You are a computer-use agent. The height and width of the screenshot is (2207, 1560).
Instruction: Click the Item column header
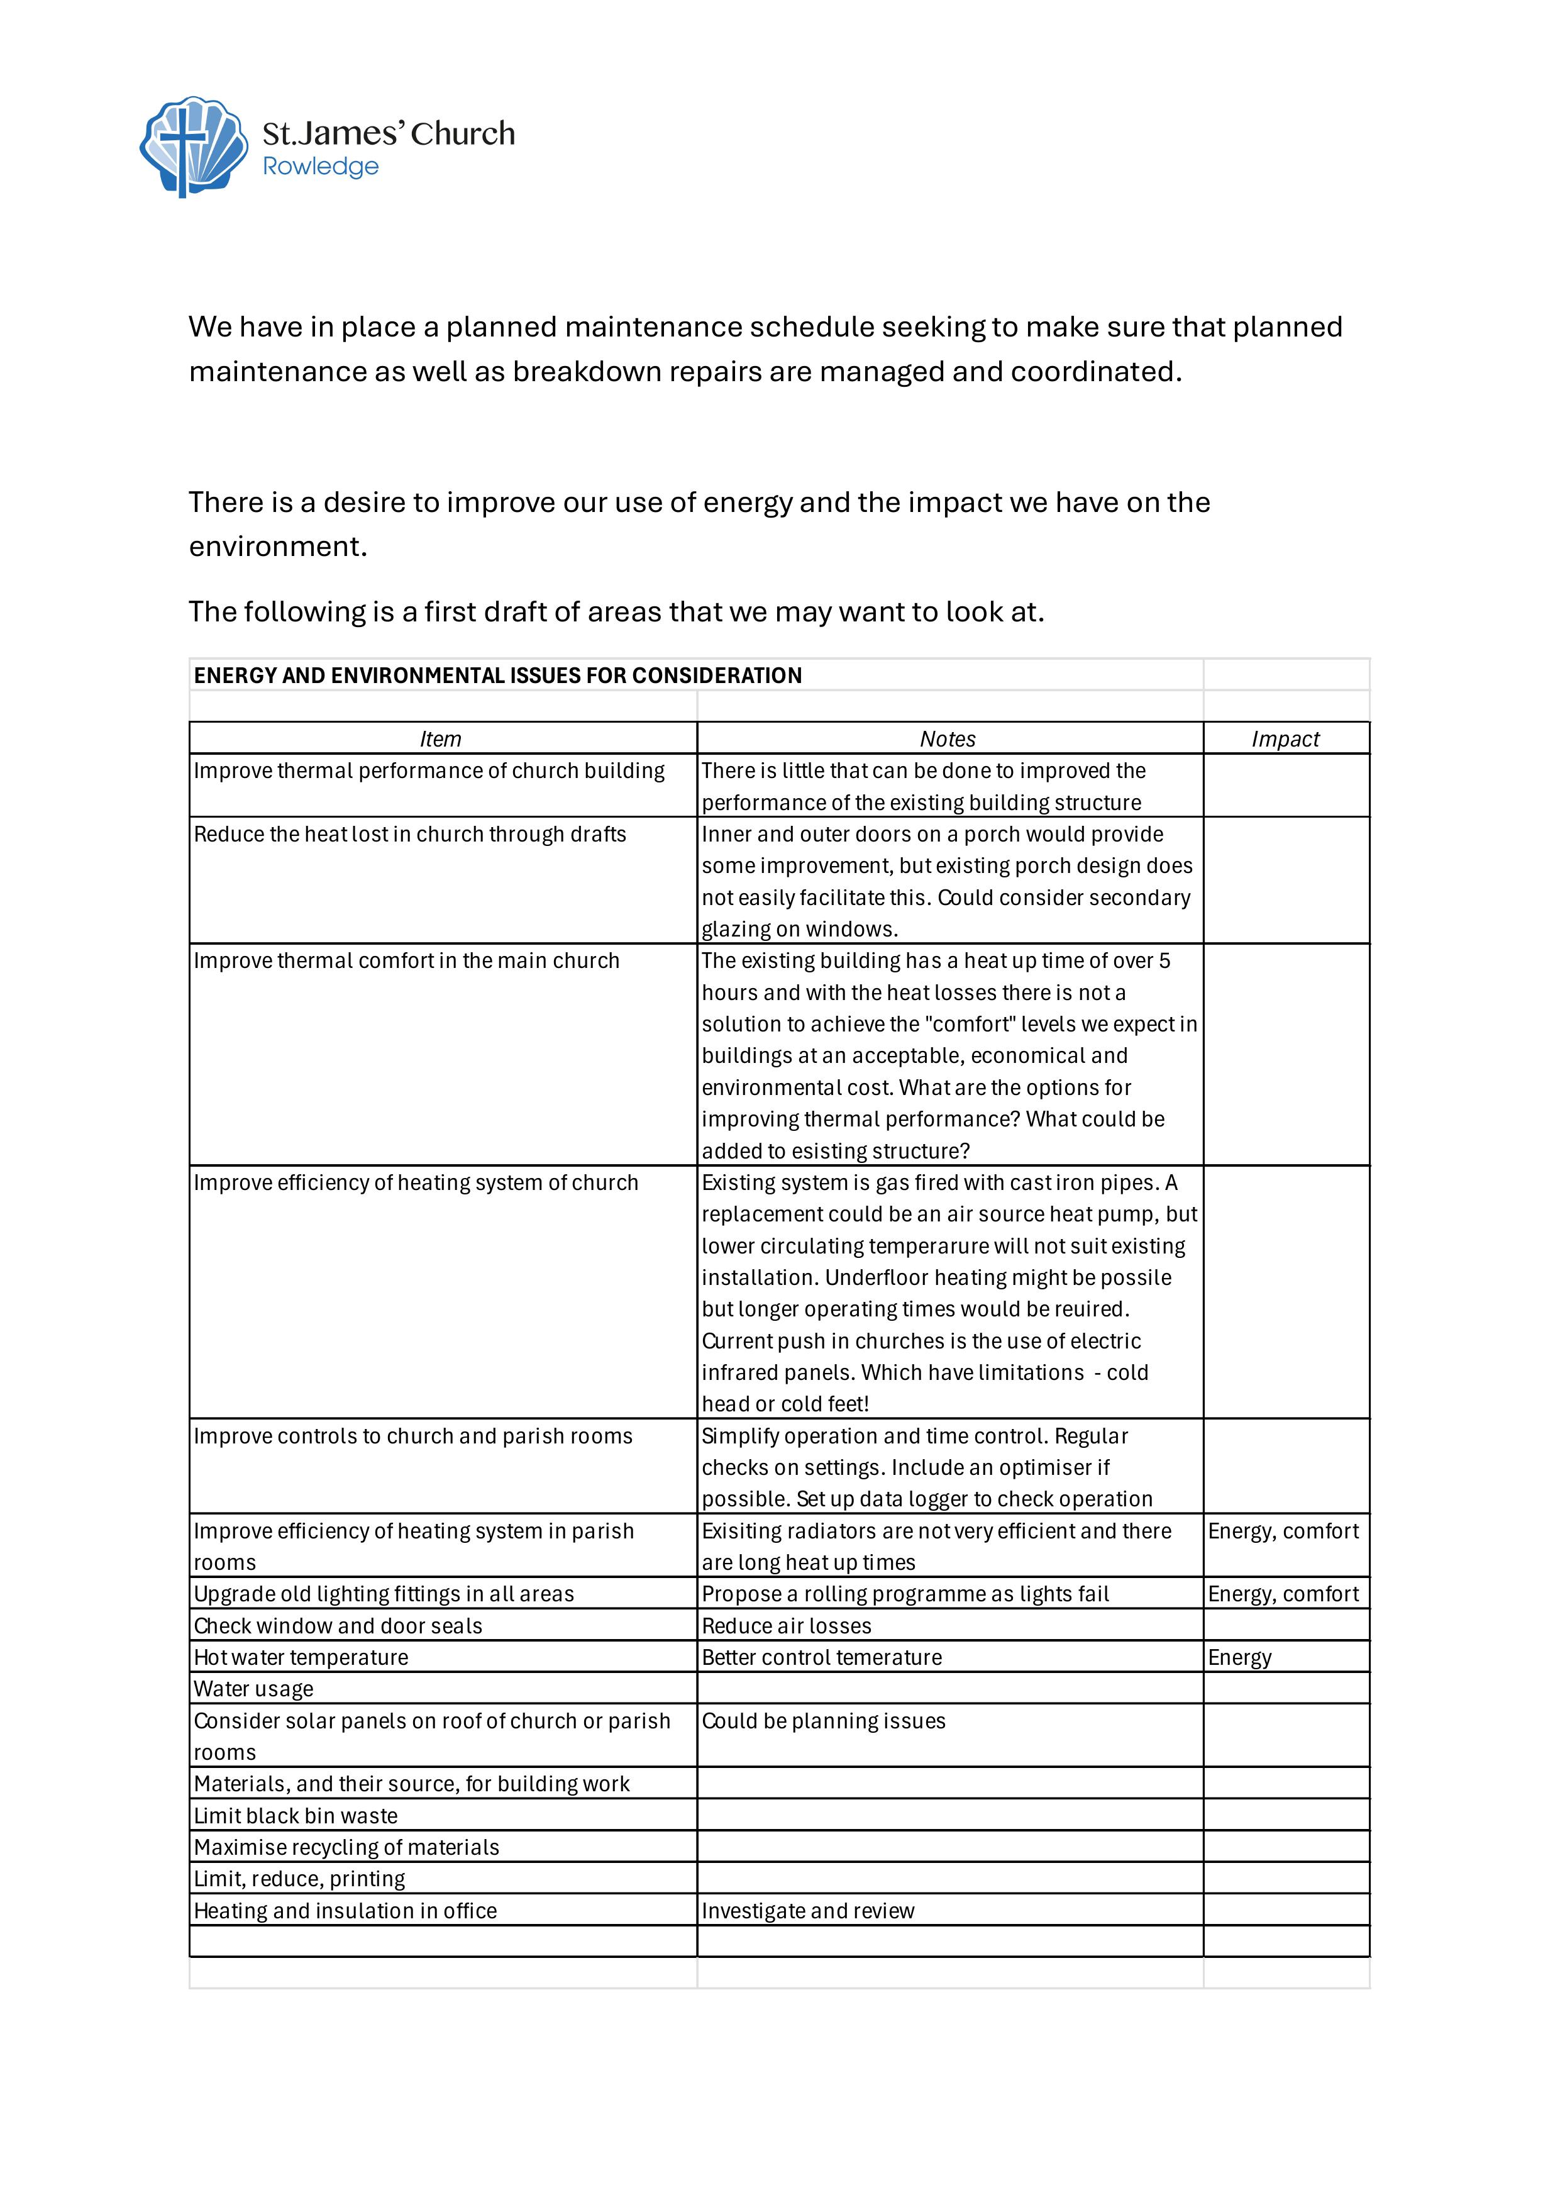click(x=440, y=739)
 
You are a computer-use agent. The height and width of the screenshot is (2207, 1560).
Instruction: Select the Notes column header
click(x=948, y=739)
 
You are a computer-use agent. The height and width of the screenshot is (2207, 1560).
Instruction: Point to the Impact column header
click(x=1285, y=739)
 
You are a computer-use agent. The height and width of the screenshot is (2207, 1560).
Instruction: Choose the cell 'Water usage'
click(x=254, y=1689)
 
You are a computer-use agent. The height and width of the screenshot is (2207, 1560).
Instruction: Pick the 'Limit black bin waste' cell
click(x=296, y=1816)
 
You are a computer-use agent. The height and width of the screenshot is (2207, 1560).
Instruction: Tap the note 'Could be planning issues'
click(x=824, y=1721)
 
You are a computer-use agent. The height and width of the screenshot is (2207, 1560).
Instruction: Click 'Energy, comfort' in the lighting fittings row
click(x=1283, y=1594)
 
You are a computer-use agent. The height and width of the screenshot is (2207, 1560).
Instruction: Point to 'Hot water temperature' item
click(x=301, y=1657)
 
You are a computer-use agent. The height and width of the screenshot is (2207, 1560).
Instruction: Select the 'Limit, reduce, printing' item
click(x=300, y=1879)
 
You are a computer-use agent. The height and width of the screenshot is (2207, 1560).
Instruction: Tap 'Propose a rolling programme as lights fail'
click(x=905, y=1594)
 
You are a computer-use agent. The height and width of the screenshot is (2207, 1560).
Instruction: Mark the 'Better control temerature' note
click(x=822, y=1657)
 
